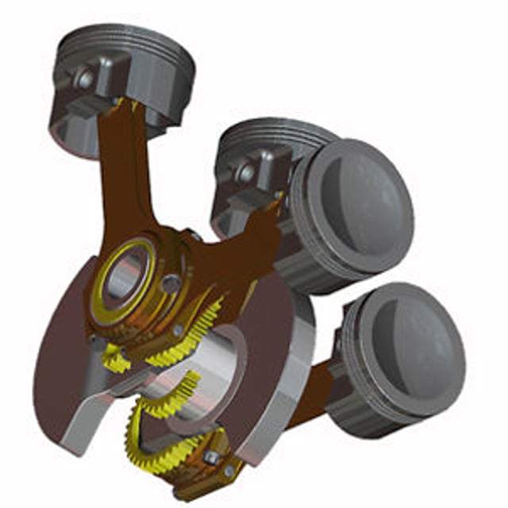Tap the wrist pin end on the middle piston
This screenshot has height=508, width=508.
(247, 171)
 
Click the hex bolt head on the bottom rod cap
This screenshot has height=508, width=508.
(213, 458)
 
